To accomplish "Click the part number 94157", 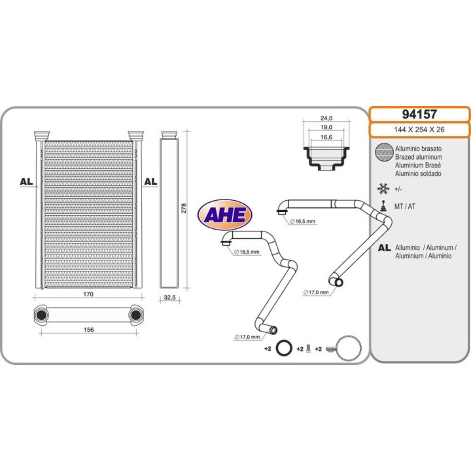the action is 419,114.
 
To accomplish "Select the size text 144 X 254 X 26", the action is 419,130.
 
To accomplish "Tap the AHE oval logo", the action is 224,215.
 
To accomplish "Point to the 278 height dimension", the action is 184,208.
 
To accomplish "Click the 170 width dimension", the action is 88,294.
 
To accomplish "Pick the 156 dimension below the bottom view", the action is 88,330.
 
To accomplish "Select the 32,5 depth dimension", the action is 169,298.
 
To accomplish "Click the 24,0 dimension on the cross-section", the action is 326,118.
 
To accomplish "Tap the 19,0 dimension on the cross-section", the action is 326,127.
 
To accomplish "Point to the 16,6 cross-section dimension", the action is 326,137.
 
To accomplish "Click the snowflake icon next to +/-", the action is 383,188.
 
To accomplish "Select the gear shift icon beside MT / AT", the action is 383,206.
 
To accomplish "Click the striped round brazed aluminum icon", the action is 384,152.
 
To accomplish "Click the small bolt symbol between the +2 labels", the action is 308,349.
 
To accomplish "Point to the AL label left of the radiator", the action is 26,181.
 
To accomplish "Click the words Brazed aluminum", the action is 419,157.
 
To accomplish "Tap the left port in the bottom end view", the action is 41,315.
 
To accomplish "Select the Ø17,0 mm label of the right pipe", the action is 316,292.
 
